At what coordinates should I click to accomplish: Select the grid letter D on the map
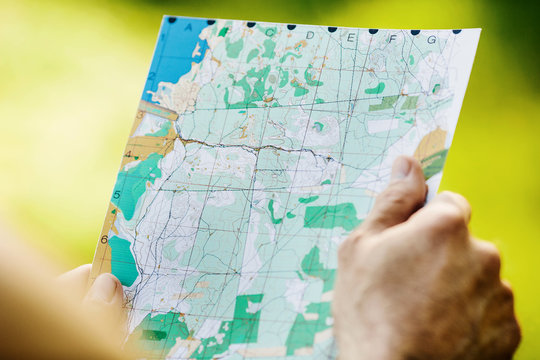click(x=310, y=35)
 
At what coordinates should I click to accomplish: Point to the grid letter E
click(x=350, y=37)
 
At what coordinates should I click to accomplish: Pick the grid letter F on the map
click(x=392, y=39)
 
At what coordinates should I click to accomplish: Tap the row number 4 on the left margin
click(x=127, y=156)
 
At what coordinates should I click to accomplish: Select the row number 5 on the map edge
click(x=117, y=194)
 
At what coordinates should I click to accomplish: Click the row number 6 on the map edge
click(x=104, y=239)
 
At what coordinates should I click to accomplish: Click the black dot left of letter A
click(x=172, y=20)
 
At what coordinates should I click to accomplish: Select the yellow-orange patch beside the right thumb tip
click(x=430, y=143)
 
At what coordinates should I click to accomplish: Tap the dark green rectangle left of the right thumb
click(x=333, y=215)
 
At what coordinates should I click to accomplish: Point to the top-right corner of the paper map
click(x=479, y=30)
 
